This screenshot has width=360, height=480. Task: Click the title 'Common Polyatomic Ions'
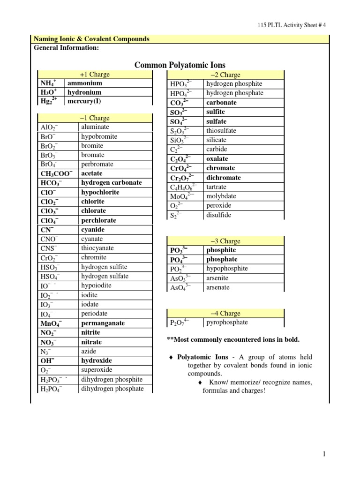[180, 65]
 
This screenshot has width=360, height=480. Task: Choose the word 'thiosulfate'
[221, 131]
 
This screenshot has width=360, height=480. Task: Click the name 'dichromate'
[224, 178]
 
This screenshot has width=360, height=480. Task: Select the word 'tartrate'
[218, 187]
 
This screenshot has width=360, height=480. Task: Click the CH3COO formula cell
[56, 173]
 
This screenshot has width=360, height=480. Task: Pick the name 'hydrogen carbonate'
[111, 183]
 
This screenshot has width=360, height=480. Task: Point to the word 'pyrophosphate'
[227, 322]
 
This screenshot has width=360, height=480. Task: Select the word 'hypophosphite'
[227, 269]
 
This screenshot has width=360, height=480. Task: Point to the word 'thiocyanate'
[97, 248]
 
